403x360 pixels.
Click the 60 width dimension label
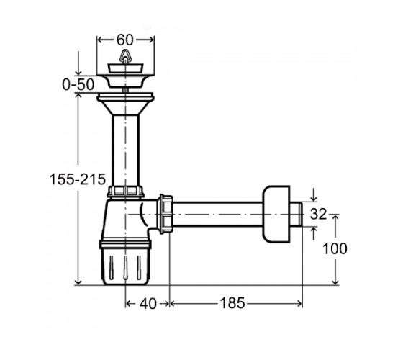click(125, 40)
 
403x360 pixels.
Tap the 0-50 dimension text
click(78, 84)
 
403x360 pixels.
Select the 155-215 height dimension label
click(78, 179)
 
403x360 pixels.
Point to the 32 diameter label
click(318, 214)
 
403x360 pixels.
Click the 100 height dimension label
click(335, 248)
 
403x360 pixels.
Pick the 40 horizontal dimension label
click(148, 304)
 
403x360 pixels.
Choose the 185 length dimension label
click(232, 303)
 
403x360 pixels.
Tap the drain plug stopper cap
click(125, 68)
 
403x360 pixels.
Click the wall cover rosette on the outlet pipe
click(276, 214)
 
